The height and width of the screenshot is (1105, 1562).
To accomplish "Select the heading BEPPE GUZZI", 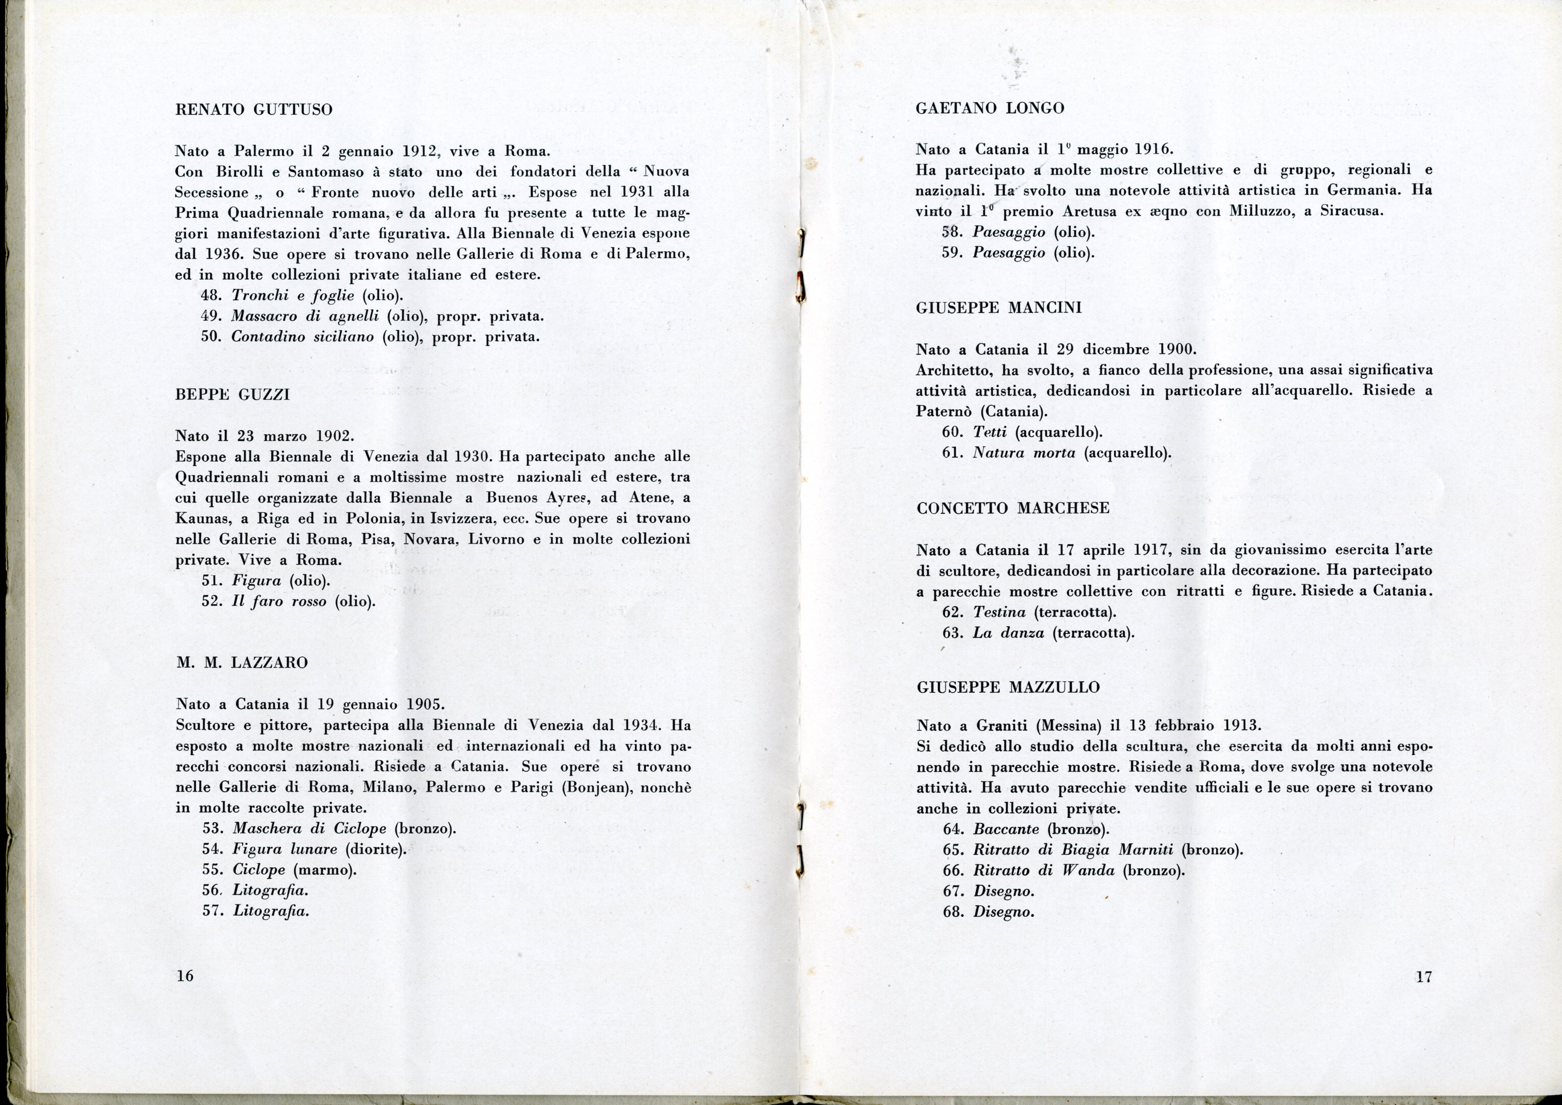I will tap(233, 395).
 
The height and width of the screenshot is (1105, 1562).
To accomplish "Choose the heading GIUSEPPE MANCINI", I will tap(999, 308).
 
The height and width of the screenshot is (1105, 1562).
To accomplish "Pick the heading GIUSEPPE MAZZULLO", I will tap(1009, 687).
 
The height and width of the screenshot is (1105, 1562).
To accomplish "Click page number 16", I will tap(184, 976).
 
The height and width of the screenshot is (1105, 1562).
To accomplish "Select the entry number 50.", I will tap(210, 337).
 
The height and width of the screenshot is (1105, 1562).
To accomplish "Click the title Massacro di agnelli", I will tap(305, 317).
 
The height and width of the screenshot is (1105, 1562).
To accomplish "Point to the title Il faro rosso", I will tap(279, 601).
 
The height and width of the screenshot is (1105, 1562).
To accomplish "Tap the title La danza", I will tap(1009, 633).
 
